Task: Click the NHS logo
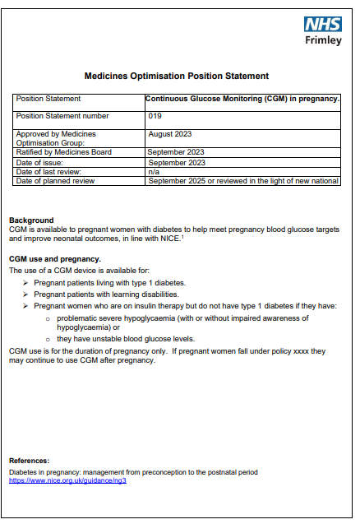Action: pos(323,25)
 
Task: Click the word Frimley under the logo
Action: pos(323,40)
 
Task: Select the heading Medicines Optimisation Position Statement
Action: pos(177,76)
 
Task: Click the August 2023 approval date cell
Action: pos(170,133)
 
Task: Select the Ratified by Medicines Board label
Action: pos(63,152)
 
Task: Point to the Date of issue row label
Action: pos(43,162)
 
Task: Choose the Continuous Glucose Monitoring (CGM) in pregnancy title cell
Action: pos(242,99)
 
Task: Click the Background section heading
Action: pos(30,220)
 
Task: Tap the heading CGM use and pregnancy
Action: pos(55,258)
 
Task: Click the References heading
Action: pos(29,460)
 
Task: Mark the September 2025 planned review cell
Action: pos(242,181)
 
